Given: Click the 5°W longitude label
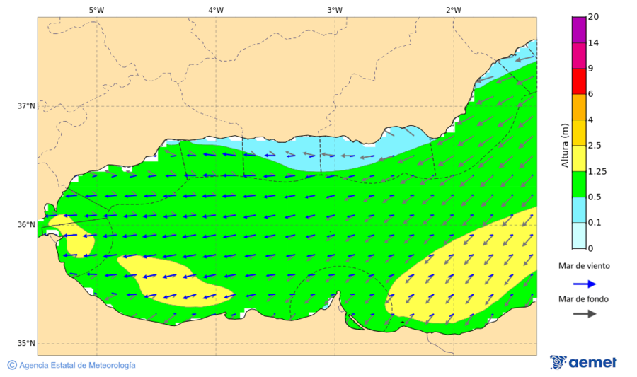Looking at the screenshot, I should [96, 10].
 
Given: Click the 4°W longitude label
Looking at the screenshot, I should [216, 10].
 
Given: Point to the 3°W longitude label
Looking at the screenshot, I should [335, 10].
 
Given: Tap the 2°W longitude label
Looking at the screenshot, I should [454, 10].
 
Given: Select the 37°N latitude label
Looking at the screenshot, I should [26, 106].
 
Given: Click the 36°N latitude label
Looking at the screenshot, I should [26, 225].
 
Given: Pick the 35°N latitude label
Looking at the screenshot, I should [26, 344].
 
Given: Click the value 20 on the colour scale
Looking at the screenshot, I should [594, 18].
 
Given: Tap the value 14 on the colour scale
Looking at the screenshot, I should [594, 43].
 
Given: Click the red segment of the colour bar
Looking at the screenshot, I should [579, 81].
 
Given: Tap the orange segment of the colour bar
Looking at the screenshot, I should [579, 107].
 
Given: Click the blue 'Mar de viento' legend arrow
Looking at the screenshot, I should [584, 283].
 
